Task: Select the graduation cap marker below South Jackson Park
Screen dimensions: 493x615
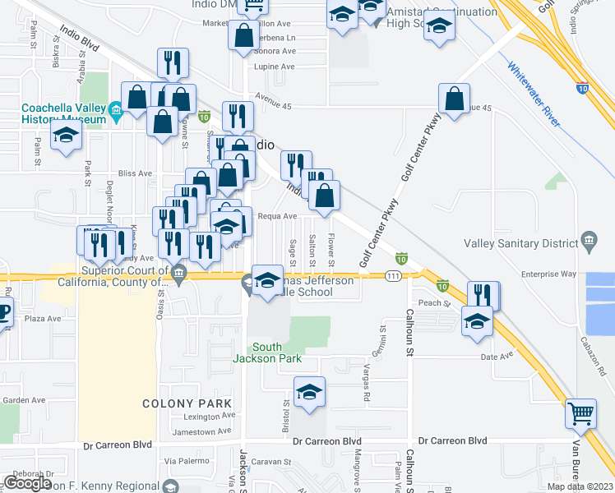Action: click(309, 392)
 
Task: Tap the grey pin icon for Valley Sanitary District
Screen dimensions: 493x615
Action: click(589, 240)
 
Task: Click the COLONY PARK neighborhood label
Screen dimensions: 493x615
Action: click(187, 403)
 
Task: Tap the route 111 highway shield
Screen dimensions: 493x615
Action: click(394, 276)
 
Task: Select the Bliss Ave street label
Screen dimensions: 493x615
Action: click(136, 173)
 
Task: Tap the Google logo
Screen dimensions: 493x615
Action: click(27, 483)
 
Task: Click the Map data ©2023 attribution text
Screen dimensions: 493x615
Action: click(580, 486)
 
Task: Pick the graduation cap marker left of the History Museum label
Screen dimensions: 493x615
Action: click(66, 137)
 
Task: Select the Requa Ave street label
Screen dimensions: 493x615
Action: click(277, 216)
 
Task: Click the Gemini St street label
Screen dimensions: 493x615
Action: click(382, 336)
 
